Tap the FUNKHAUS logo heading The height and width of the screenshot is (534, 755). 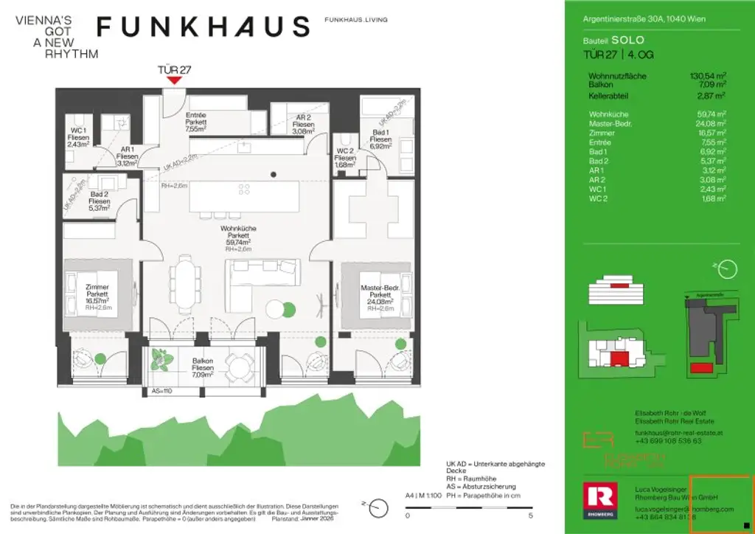coord(203,27)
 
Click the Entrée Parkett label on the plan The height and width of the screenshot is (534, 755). coord(196,121)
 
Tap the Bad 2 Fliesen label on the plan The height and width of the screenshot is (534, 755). coord(100,201)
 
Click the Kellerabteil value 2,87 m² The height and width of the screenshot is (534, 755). coord(712,96)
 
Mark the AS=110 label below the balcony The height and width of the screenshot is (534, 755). coord(161,392)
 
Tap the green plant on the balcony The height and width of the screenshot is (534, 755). coord(161,361)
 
